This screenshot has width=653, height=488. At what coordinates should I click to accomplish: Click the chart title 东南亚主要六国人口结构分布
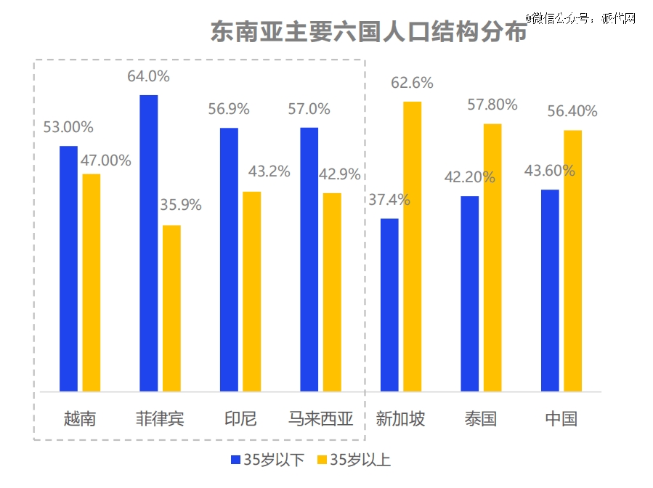368,32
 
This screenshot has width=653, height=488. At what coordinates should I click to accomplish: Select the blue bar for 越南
68,268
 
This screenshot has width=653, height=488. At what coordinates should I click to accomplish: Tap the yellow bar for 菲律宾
171,308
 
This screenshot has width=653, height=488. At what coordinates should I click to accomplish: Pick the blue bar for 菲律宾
149,243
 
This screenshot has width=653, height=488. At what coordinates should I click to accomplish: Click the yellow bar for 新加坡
412,246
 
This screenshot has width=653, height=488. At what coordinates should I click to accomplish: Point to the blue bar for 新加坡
389,304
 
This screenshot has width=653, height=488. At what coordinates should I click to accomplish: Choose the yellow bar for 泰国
492,257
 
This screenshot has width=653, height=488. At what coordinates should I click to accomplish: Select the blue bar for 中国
550,290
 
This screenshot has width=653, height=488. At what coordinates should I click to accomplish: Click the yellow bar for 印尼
251,291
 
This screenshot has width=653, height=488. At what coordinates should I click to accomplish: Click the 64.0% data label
148,76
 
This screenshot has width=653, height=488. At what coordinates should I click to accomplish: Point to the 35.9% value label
180,205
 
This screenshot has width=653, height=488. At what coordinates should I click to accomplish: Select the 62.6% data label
412,83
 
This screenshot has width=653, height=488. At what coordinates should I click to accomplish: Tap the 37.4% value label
389,200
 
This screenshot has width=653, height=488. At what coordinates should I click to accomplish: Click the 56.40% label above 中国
572,111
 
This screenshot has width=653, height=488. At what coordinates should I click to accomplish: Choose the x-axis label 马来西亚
320,418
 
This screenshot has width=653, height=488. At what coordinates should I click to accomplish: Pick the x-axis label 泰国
480,418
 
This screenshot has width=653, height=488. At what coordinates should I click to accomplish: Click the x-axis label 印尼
240,418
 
